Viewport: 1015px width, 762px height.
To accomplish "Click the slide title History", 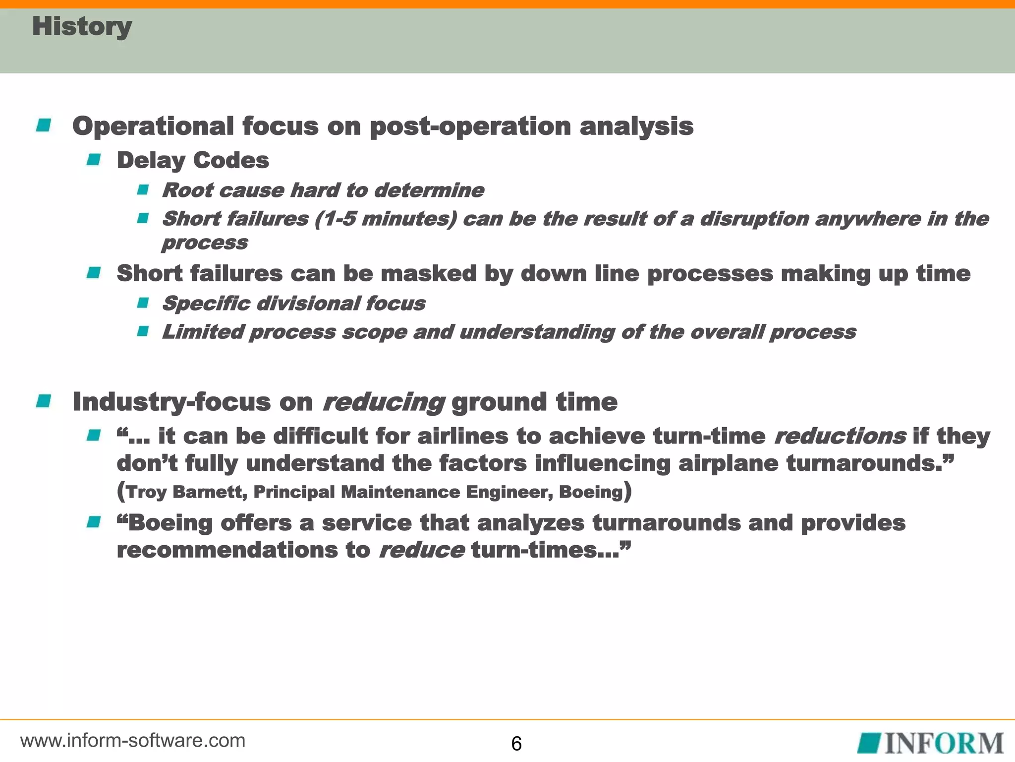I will click(82, 26).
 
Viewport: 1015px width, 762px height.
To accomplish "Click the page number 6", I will click(516, 744).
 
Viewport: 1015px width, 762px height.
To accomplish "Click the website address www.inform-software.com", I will click(133, 741).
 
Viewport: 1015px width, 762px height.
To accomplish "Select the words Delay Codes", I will click(193, 160).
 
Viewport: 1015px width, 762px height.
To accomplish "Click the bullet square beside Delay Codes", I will click(93, 160).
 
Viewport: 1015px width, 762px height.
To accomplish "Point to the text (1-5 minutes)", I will click(385, 219).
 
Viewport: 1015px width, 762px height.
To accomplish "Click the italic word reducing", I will click(383, 401).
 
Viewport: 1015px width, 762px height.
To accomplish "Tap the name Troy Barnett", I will click(183, 492).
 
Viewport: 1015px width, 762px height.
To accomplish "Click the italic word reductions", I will click(840, 436).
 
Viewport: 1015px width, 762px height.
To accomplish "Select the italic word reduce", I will click(421, 550).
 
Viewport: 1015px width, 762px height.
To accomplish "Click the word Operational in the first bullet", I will click(153, 126).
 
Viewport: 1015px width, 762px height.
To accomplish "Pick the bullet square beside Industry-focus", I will click(44, 401).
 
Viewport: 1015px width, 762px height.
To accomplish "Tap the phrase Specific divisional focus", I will click(293, 303).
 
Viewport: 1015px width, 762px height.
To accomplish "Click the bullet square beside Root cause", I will click(143, 190).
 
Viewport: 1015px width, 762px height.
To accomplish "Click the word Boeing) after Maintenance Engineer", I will click(594, 492).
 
